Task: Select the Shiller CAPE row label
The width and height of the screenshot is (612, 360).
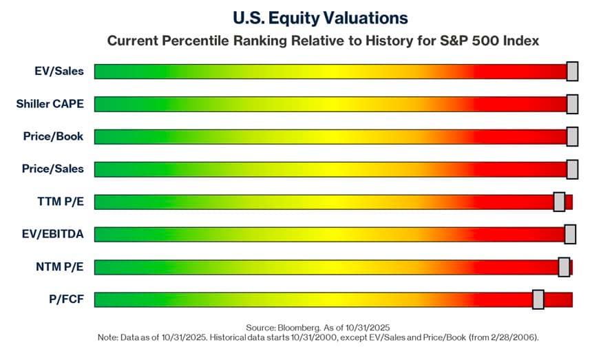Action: click(50, 104)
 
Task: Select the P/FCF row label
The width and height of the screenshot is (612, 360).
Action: click(66, 299)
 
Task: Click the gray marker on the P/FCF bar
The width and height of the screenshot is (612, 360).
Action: click(538, 299)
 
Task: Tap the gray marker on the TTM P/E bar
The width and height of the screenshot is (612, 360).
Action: click(559, 202)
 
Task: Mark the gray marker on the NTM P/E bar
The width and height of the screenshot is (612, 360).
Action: click(564, 267)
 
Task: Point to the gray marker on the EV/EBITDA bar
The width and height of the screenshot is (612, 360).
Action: click(570, 234)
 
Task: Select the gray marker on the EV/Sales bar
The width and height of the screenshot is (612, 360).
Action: click(572, 71)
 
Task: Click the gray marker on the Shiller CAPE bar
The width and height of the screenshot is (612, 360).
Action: click(572, 104)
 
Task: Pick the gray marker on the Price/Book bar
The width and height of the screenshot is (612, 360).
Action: click(572, 136)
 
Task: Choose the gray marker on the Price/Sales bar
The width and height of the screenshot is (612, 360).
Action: click(572, 169)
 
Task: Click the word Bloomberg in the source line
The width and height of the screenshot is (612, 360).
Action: click(298, 327)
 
